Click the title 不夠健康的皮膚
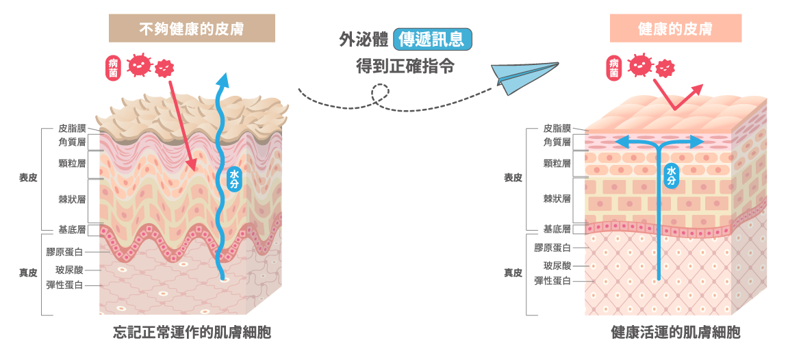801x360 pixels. [x=192, y=29]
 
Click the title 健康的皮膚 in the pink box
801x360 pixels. [x=675, y=29]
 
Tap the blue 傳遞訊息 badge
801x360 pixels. [x=432, y=39]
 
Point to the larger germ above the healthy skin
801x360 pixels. [x=640, y=65]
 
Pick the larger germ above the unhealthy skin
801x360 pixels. [x=139, y=65]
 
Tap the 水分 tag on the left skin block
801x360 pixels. [x=234, y=179]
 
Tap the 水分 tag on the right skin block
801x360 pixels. [x=671, y=175]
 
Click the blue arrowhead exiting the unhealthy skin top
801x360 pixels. [x=222, y=80]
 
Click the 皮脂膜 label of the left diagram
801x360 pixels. [x=72, y=128]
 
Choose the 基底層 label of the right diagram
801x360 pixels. [x=557, y=229]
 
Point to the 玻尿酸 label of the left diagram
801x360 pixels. [x=69, y=269]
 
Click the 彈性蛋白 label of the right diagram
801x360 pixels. [x=552, y=281]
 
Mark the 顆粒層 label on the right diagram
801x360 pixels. [x=557, y=163]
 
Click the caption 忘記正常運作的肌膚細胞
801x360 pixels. [x=192, y=333]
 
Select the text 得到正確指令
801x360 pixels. [x=405, y=67]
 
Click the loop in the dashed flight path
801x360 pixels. [x=381, y=94]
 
